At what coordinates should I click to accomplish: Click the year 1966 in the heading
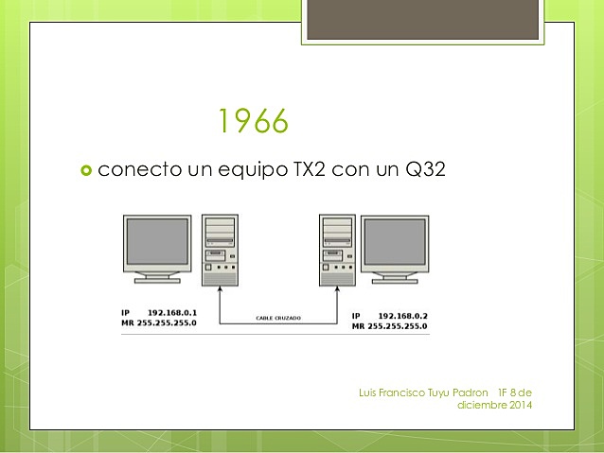coord(253,122)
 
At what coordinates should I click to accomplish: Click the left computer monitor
coord(159,247)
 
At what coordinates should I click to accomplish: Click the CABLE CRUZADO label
coord(278,319)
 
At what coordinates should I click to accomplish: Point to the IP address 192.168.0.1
coord(173,312)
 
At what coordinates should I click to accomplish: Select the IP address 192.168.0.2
coord(403,315)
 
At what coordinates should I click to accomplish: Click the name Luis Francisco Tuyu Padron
coord(424,392)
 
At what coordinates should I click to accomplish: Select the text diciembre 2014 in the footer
coord(494,406)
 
